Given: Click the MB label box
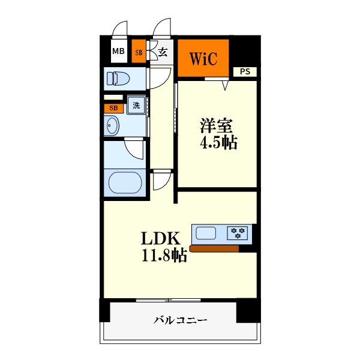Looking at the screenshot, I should (118, 52).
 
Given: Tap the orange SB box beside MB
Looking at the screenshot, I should (139, 52).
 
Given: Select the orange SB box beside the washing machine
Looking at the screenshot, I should (113, 109).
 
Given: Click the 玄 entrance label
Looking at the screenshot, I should (163, 52).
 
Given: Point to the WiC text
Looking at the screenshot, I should (203, 59).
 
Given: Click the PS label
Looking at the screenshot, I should (245, 72).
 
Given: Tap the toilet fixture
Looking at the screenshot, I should (117, 78).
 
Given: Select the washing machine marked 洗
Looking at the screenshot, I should (136, 105).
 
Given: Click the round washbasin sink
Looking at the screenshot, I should (112, 126).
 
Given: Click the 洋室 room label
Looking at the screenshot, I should (217, 126).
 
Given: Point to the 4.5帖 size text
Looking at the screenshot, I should (217, 143).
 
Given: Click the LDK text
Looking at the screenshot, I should (160, 239).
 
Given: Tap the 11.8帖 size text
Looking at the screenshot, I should (163, 256).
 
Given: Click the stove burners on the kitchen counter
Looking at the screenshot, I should (238, 233).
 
